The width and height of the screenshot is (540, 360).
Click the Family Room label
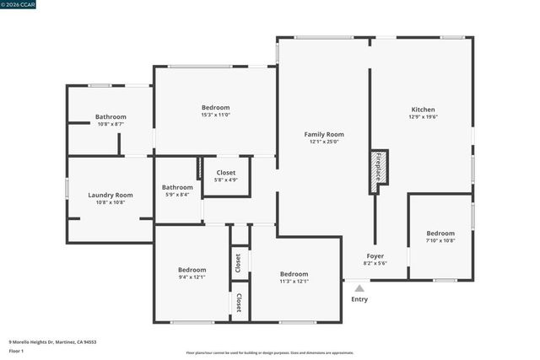coord(324,134)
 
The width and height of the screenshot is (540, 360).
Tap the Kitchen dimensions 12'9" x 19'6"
coord(423,117)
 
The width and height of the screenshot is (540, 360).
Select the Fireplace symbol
coord(380,168)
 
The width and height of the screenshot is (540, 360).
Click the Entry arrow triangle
coord(359,288)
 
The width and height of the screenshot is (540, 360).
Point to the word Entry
coord(359,299)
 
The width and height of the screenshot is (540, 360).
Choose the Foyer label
coord(375,255)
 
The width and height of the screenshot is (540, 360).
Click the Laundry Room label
coord(111,195)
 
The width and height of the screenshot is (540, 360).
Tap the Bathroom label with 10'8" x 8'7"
coord(111,116)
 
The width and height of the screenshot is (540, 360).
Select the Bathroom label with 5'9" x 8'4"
coord(177,187)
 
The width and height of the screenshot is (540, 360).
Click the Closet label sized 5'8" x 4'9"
coord(226,172)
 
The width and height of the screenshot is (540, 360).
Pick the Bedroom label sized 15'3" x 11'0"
coord(215,107)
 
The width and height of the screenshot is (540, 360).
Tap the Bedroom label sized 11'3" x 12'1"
coord(294,273)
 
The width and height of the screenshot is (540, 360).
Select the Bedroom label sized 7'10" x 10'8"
coord(440,233)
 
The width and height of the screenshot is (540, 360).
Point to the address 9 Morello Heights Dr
coord(52,342)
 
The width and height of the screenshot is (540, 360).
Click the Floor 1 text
coord(17,350)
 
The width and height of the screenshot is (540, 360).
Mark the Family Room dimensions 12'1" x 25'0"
coord(324,142)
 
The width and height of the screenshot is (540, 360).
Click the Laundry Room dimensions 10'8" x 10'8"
coord(111,202)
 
